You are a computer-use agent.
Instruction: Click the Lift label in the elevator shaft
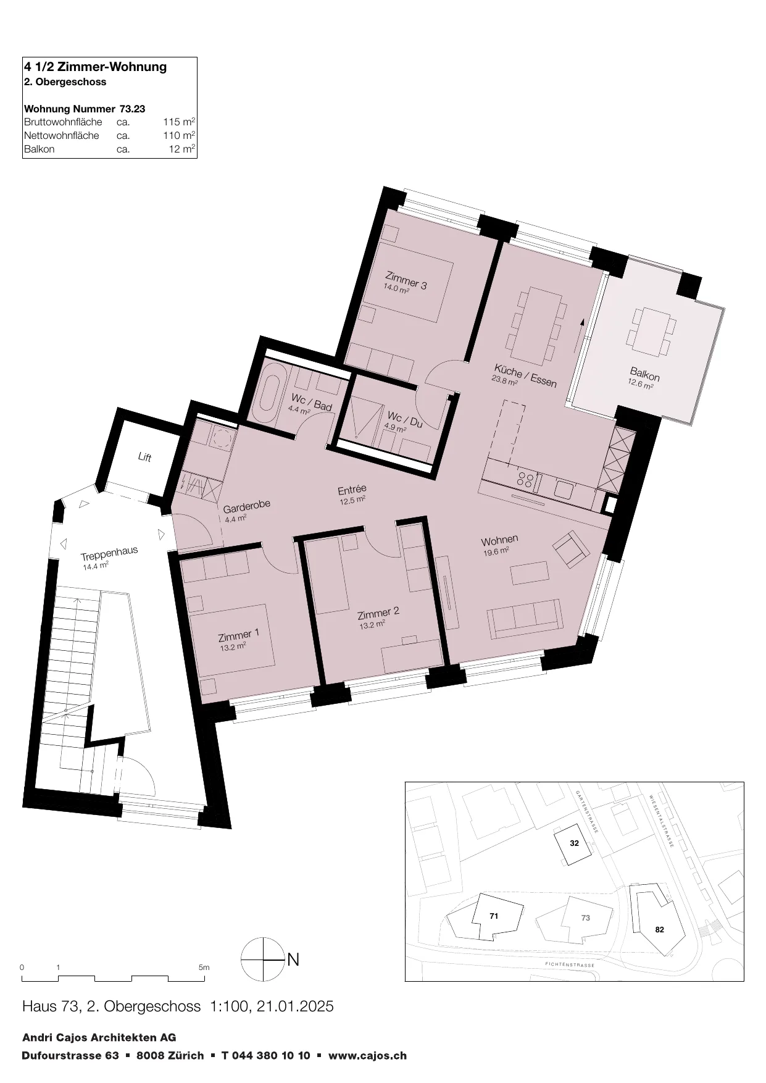pyautogui.click(x=144, y=458)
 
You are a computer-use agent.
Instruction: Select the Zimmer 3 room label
pyautogui.click(x=406, y=280)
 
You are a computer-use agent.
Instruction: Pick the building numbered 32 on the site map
pyautogui.click(x=574, y=843)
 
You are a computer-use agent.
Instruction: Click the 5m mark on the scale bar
pyautogui.click(x=204, y=968)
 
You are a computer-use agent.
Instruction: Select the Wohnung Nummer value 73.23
pyautogui.click(x=133, y=109)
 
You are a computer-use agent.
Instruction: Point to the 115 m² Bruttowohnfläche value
pyautogui.click(x=179, y=122)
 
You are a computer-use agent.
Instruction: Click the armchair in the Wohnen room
pyautogui.click(x=572, y=548)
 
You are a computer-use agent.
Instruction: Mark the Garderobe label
pyautogui.click(x=247, y=507)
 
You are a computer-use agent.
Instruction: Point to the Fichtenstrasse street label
pyautogui.click(x=570, y=964)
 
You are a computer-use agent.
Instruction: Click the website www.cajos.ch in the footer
pyautogui.click(x=367, y=1056)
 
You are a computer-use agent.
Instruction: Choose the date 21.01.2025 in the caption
pyautogui.click(x=296, y=1006)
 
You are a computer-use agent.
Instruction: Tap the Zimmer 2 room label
pyautogui.click(x=378, y=613)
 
